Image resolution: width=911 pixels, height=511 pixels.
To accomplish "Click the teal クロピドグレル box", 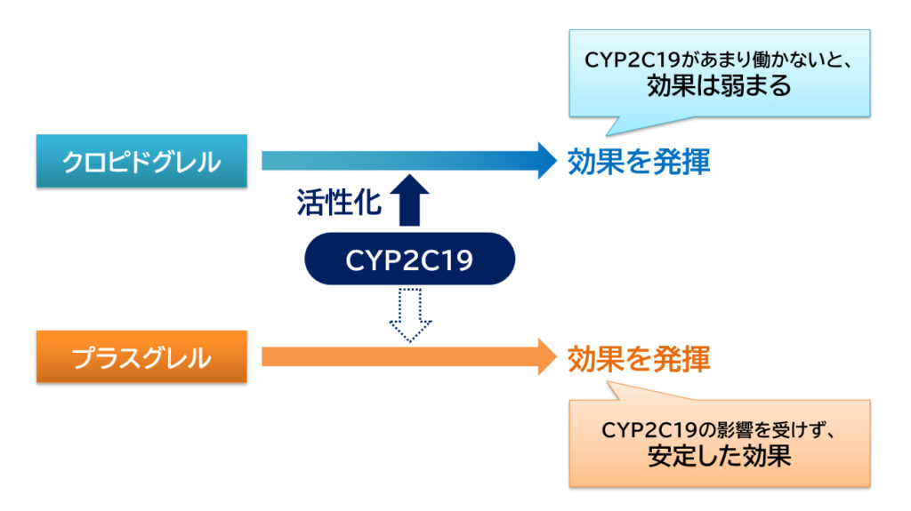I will pyautogui.click(x=141, y=161).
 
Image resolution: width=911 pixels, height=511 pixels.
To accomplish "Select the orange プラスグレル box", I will pyautogui.click(x=141, y=357).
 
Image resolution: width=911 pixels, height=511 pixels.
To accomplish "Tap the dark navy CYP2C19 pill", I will pyautogui.click(x=409, y=260).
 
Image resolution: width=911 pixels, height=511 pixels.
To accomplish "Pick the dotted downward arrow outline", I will pyautogui.click(x=410, y=315).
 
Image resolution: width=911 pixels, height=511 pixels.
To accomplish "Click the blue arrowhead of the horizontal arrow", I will pyautogui.click(x=544, y=161).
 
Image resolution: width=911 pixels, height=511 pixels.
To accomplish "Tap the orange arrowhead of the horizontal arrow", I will pyautogui.click(x=544, y=357).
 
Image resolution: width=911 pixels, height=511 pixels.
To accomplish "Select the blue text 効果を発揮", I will pyautogui.click(x=639, y=162).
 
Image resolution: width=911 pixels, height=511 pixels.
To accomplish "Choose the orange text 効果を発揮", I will pyautogui.click(x=639, y=358).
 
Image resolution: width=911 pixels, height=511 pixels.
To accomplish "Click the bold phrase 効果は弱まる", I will pyautogui.click(x=719, y=86).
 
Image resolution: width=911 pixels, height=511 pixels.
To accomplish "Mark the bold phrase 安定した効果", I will pyautogui.click(x=719, y=457).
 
